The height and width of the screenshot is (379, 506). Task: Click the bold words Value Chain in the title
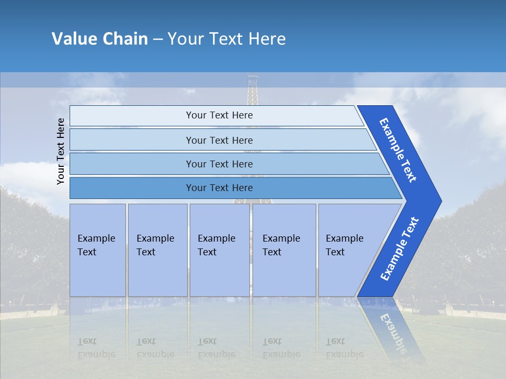click(x=100, y=39)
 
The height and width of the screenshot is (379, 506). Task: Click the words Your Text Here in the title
click(x=227, y=39)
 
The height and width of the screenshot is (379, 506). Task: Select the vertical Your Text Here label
click(x=61, y=151)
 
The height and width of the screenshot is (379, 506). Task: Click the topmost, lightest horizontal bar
click(x=219, y=115)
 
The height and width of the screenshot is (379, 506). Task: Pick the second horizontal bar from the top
click(x=219, y=140)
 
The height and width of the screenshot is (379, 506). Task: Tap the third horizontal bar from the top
click(x=219, y=164)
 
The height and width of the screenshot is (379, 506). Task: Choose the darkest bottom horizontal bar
click(x=219, y=188)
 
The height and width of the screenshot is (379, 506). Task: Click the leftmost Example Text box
click(x=98, y=250)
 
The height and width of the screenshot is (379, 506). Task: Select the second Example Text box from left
click(x=157, y=250)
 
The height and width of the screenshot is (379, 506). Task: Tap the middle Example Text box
click(x=219, y=250)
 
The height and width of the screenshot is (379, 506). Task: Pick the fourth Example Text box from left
click(x=284, y=250)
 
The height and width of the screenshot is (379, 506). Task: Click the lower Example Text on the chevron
click(x=399, y=249)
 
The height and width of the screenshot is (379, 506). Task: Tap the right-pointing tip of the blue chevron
click(x=439, y=201)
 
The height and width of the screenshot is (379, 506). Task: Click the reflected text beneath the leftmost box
click(x=96, y=348)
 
